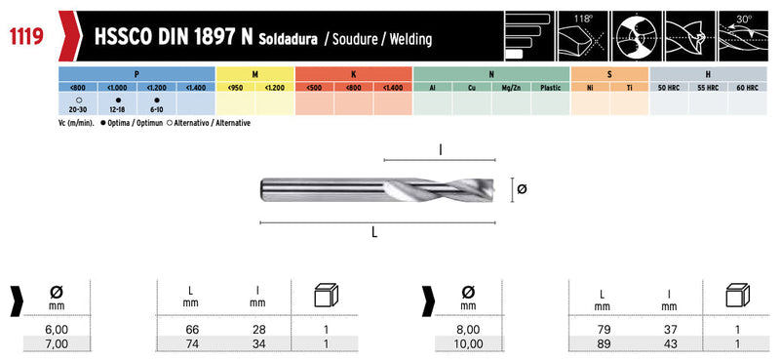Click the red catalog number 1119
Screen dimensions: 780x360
pyautogui.click(x=26, y=36)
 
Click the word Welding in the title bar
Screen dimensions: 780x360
pyautogui.click(x=410, y=39)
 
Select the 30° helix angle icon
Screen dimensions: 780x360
pyautogui.click(x=742, y=36)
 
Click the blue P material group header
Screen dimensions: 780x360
pyautogui.click(x=136, y=74)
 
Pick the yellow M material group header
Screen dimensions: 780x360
pyautogui.click(x=255, y=74)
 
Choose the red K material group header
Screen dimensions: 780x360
pyautogui.click(x=354, y=74)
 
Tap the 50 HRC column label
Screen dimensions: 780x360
pyautogui.click(x=669, y=88)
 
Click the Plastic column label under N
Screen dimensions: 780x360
pyautogui.click(x=550, y=88)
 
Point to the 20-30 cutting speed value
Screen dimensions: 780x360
pyautogui.click(x=78, y=109)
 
